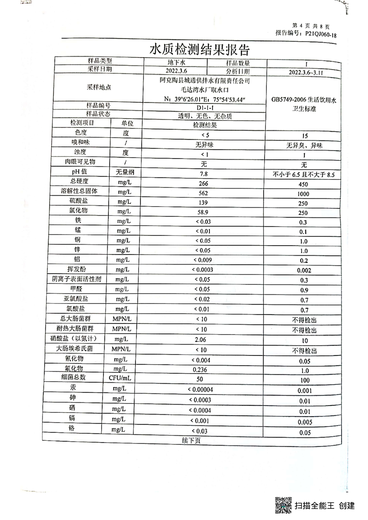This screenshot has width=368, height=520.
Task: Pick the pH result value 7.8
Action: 203,173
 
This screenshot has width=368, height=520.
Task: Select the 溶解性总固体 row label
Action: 77,192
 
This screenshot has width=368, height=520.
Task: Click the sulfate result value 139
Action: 203,202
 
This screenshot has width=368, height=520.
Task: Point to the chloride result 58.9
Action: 203,211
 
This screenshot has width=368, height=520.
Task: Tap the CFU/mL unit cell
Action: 121,379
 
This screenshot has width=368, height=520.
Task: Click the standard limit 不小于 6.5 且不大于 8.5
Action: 304,174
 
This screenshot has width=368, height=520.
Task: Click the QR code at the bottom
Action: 283,505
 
